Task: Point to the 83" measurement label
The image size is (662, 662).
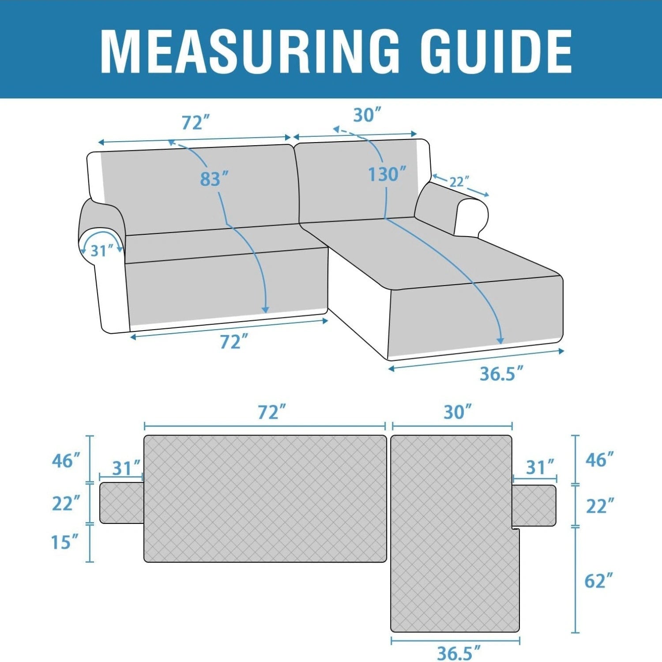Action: [x=214, y=179]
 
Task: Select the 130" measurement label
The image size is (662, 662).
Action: [x=387, y=175]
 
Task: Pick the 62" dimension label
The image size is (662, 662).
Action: [x=599, y=581]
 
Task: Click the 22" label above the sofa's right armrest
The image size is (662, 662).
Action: [x=459, y=181]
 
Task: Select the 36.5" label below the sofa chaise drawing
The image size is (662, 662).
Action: [x=501, y=374]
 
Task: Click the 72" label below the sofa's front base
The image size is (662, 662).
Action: [x=233, y=342]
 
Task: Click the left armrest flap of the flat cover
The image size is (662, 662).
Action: [x=122, y=503]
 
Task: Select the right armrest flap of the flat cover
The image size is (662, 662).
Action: [x=534, y=505]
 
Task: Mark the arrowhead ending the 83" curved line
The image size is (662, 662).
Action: [x=266, y=310]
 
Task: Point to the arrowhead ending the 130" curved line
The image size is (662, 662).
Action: [x=500, y=340]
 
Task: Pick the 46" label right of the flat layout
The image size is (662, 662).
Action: [x=599, y=460]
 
